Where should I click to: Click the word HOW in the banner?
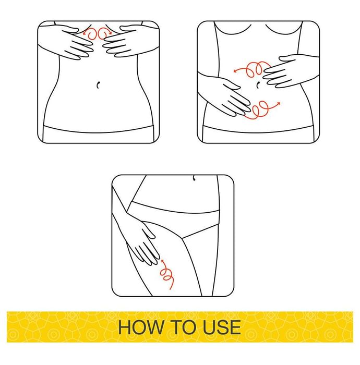(x=141, y=327)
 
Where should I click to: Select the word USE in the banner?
(x=222, y=327)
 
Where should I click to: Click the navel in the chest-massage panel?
(x=98, y=85)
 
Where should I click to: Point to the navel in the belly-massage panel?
(x=258, y=85)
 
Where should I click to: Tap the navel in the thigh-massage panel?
(x=194, y=178)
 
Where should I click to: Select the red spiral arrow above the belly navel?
(x=251, y=69)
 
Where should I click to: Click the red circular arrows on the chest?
(x=98, y=33)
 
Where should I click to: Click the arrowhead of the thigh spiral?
(x=163, y=261)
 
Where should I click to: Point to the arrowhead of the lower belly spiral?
(x=278, y=103)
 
